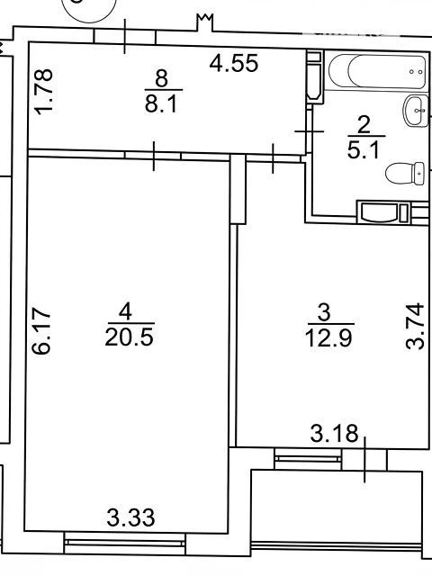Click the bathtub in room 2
tap(377, 71)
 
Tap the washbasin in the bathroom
tap(416, 111)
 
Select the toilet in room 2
tap(405, 173)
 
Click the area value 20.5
tap(129, 337)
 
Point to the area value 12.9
tap(328, 338)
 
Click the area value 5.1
tap(363, 149)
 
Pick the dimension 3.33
tap(130, 517)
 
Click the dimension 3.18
tap(334, 433)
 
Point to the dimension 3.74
tap(415, 326)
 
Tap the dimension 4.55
tap(234, 63)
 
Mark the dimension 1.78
tap(43, 92)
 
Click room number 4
tap(125, 312)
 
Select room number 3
tap(324, 313)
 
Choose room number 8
tap(162, 78)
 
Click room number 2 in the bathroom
tap(364, 125)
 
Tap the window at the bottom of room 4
tap(125, 543)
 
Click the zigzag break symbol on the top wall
tap(205, 22)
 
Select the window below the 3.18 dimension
tap(308, 458)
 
